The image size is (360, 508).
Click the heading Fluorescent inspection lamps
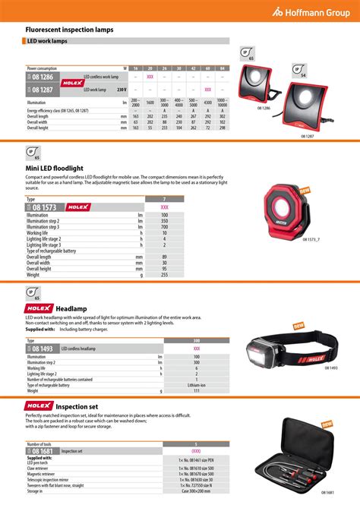70,29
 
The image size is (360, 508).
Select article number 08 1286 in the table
43,77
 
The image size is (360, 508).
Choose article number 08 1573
43,207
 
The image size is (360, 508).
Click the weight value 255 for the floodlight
164,274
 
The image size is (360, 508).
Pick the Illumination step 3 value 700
164,227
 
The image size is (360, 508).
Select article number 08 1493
43,349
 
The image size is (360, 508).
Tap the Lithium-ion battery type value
196,385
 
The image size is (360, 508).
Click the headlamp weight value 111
196,391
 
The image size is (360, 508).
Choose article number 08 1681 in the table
43,451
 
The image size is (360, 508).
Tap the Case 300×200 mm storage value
197,491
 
